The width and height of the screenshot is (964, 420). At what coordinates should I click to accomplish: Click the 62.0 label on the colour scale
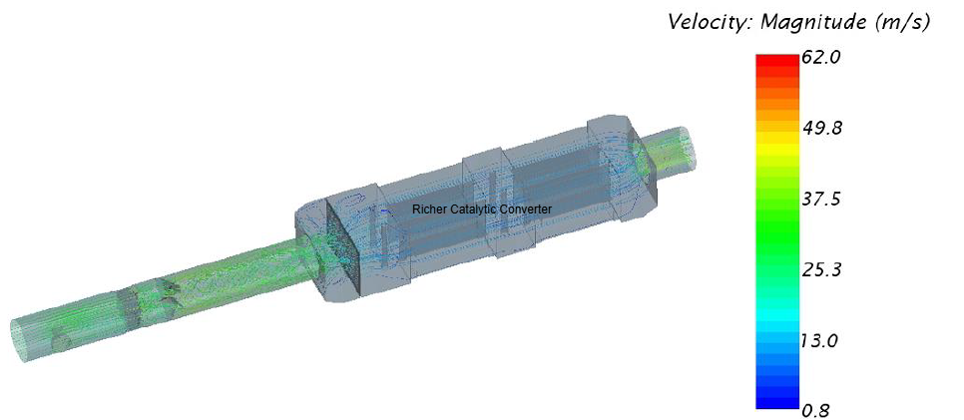[x=820, y=58]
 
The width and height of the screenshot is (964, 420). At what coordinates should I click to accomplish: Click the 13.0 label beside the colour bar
[x=820, y=340]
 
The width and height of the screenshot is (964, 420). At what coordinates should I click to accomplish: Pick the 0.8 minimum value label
[x=816, y=410]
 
